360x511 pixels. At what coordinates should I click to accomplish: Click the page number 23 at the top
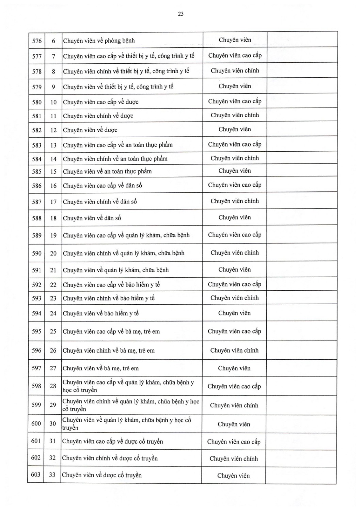181,14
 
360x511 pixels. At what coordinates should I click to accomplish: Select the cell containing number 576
37,41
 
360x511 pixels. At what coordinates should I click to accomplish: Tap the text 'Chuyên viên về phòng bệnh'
99,41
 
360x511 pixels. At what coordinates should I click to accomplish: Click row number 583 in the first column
37,145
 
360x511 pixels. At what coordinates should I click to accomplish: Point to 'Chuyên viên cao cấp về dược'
100,102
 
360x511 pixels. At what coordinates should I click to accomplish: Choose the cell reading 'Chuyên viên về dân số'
92,218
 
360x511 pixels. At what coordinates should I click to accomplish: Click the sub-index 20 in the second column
53,253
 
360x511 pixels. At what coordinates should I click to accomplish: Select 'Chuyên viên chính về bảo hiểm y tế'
109,298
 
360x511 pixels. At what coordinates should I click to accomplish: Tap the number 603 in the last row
36,475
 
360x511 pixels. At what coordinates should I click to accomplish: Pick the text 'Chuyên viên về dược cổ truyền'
102,475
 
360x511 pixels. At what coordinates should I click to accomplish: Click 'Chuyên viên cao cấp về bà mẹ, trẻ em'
111,331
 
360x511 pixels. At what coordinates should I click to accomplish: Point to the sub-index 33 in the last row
52,475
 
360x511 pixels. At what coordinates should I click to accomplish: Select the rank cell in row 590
235,253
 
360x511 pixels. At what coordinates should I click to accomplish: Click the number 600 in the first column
36,423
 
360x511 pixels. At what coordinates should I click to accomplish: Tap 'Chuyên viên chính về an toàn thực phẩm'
115,159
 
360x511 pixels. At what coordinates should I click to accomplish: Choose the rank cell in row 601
234,442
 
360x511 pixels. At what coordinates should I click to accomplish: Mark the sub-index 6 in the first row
53,41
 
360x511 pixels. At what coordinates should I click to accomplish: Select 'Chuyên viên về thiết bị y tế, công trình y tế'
118,87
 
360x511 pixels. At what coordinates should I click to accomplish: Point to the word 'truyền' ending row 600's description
70,428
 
